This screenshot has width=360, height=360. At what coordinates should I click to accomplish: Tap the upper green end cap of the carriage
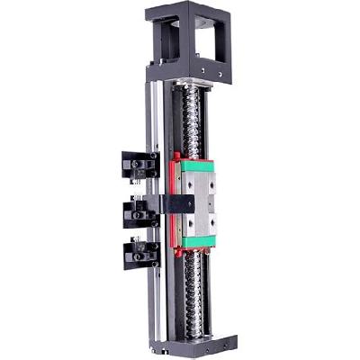193,167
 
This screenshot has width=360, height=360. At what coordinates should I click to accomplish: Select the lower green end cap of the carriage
196,239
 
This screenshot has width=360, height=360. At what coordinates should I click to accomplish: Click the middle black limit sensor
140,212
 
